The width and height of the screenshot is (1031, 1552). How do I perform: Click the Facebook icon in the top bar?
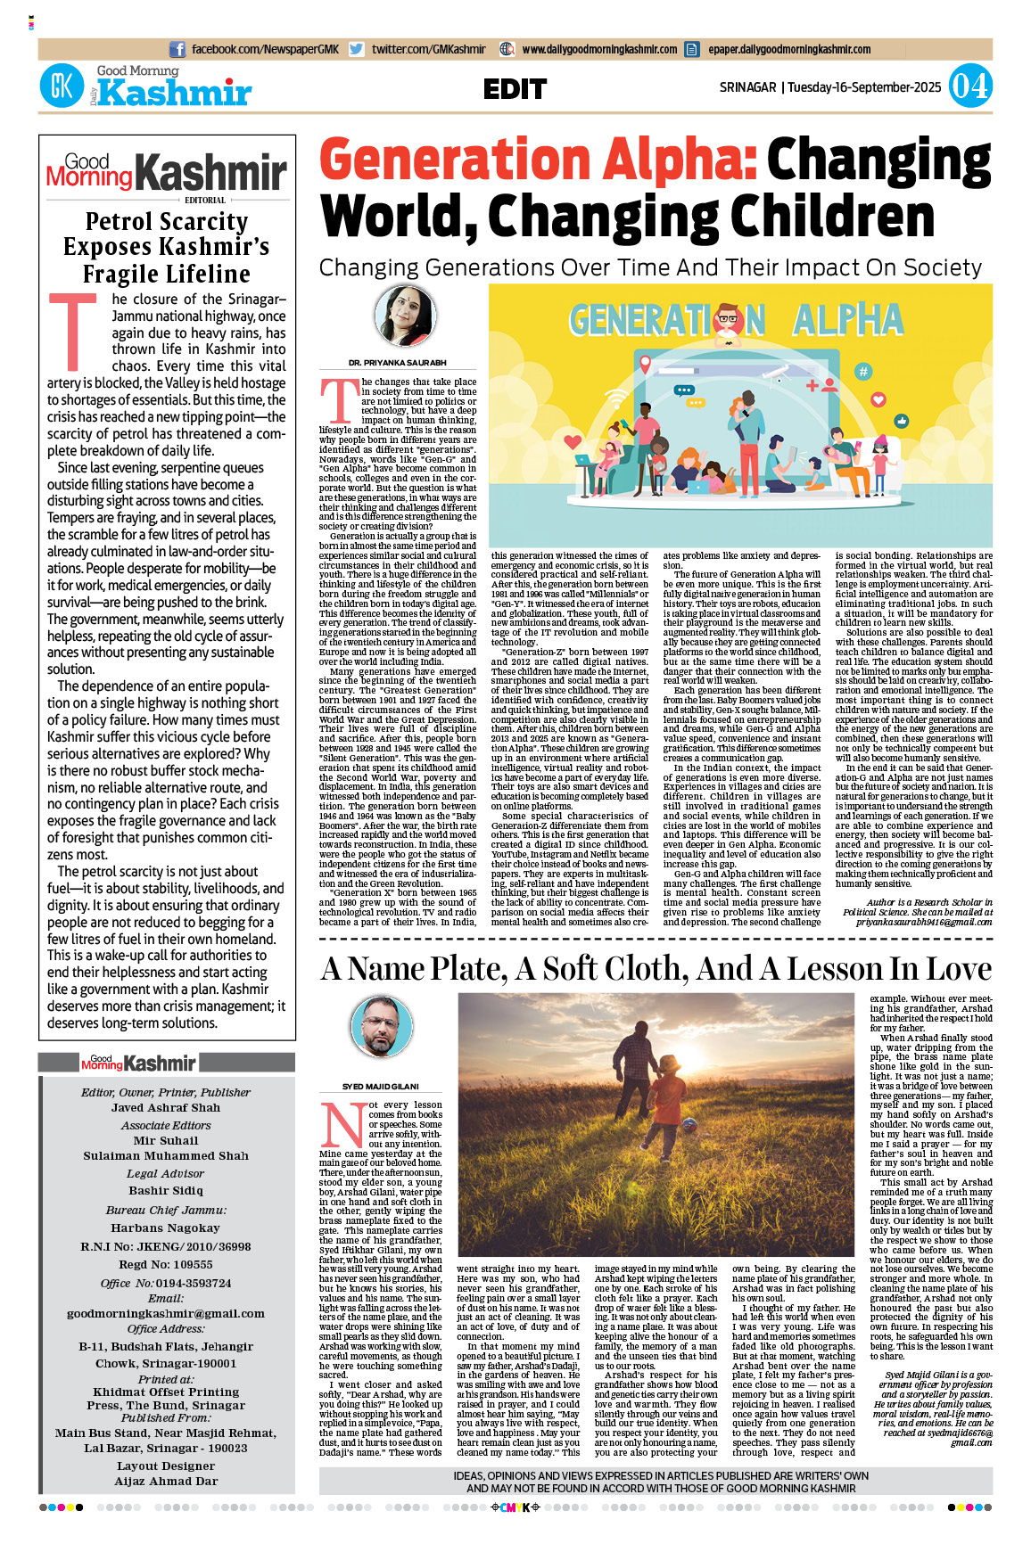pos(177,50)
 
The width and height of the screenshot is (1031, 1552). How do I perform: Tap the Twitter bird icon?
pos(357,50)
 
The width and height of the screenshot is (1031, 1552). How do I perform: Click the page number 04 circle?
pos(969,86)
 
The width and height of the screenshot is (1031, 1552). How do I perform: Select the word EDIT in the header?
pos(515,89)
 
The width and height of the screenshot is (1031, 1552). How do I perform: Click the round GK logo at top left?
pos(62,86)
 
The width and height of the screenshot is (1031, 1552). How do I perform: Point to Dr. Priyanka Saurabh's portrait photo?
pos(404,316)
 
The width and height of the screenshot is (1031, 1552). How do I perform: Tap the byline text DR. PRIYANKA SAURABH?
pos(397,363)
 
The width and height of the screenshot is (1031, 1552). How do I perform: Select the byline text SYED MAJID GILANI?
pos(381,1087)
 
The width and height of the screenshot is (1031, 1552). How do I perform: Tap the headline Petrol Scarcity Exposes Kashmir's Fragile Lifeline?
pos(167,247)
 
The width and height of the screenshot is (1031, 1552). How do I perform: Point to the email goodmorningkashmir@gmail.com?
pos(166,1313)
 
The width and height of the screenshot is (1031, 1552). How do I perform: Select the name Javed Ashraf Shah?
pos(166,1107)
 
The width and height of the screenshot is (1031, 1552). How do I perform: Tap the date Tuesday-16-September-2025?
pos(864,87)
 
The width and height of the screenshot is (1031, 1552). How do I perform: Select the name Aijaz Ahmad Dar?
pos(166,1481)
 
